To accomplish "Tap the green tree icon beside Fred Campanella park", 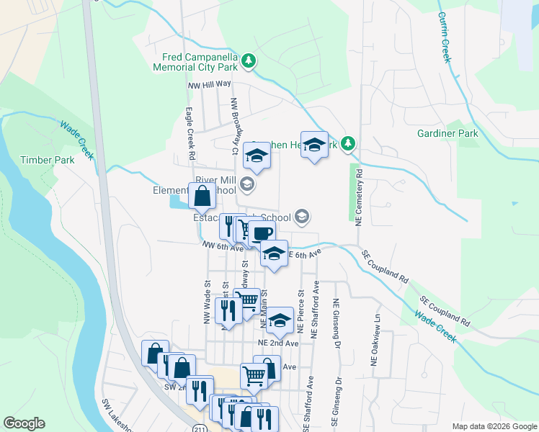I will click(248, 60).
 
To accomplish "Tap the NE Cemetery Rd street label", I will click(359, 196).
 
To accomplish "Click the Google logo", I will click(24, 423).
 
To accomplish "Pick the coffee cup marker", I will click(263, 233).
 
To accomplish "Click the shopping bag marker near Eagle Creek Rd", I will click(202, 194).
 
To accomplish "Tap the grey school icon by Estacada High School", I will click(302, 217).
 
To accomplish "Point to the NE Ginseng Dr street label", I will click(337, 323).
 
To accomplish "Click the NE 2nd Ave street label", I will click(278, 343).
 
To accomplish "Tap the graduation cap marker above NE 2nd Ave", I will click(280, 320).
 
